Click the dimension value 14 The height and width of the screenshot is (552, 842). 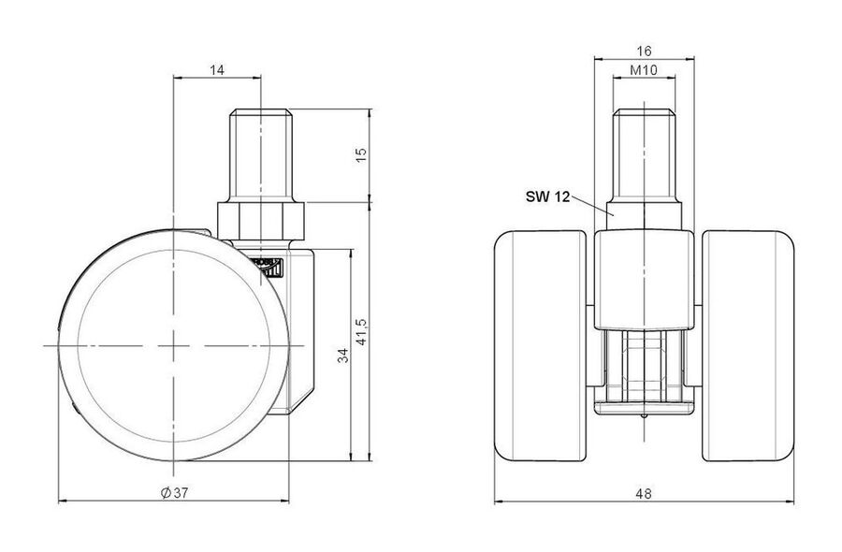tap(217, 70)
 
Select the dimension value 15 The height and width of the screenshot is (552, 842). tap(361, 154)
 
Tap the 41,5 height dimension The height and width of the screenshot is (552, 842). tap(361, 332)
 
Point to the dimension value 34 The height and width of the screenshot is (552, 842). tap(342, 355)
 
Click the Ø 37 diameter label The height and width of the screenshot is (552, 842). tap(174, 492)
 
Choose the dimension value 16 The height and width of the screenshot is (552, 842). tap(644, 51)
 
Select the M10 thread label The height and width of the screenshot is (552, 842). tap(644, 70)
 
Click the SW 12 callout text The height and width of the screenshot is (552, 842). tap(547, 197)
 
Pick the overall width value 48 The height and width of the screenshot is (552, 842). tap(644, 493)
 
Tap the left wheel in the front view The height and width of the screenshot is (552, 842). tap(540, 346)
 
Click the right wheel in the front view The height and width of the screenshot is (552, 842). tap(748, 346)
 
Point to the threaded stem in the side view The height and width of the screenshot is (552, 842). tap(261, 155)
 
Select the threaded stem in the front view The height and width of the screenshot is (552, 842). tap(644, 155)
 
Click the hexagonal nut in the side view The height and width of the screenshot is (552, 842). tap(261, 221)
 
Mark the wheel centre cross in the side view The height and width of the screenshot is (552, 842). tap(173, 346)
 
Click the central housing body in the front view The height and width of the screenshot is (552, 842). tap(644, 279)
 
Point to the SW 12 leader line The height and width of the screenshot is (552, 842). tap(592, 206)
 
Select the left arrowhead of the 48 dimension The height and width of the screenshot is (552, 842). tap(499, 502)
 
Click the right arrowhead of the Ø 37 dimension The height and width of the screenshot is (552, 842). tap(284, 501)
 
